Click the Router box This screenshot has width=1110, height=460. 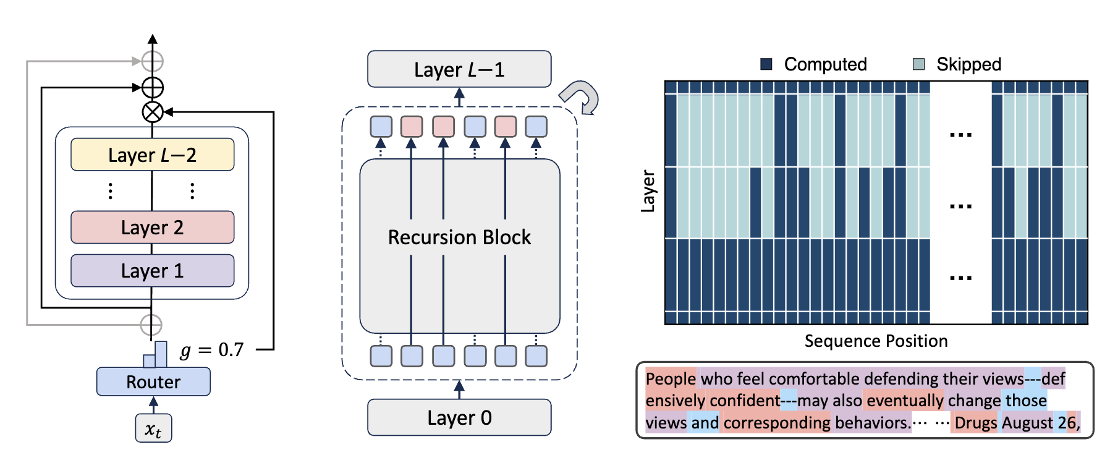tap(153, 381)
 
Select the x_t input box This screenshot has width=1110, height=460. tap(153, 428)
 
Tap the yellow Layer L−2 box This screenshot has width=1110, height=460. tap(152, 155)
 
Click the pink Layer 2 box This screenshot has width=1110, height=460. tap(152, 228)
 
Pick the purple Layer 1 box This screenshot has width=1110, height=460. tap(152, 271)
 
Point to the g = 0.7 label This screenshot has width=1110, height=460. tap(212, 351)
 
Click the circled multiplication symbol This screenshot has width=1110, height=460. tap(153, 112)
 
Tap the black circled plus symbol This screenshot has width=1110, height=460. tap(153, 88)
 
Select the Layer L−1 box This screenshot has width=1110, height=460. tap(459, 69)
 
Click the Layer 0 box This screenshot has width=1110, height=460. tap(459, 418)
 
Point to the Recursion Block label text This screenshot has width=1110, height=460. tap(459, 237)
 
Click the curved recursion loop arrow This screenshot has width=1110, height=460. tap(581, 98)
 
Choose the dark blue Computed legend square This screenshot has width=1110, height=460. tap(766, 64)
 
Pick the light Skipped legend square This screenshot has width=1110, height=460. tap(919, 64)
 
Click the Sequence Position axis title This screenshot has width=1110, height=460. tap(876, 341)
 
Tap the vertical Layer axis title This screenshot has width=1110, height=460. tap(648, 191)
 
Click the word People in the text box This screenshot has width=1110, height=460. tap(671, 378)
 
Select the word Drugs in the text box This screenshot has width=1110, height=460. tap(975, 423)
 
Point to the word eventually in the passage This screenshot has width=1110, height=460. tap(905, 401)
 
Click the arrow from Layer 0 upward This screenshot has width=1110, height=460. tap(459, 390)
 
